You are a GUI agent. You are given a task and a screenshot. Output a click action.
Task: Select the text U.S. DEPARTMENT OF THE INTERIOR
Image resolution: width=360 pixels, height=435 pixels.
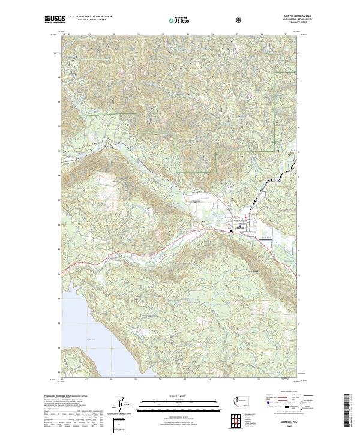91,17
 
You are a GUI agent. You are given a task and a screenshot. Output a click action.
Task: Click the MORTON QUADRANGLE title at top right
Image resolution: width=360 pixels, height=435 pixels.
285,17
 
